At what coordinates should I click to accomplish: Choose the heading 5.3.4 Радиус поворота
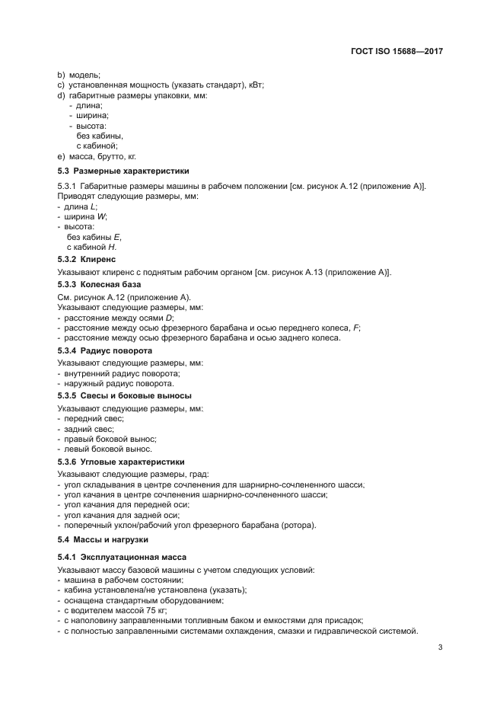coord(105,350)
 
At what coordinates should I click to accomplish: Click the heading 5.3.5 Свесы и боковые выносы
coord(124,395)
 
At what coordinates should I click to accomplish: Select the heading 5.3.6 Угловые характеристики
coord(121,462)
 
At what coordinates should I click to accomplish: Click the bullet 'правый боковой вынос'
coord(110,440)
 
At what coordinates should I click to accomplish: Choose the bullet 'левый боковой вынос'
coord(107,450)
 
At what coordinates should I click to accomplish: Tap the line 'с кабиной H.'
coord(91,248)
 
